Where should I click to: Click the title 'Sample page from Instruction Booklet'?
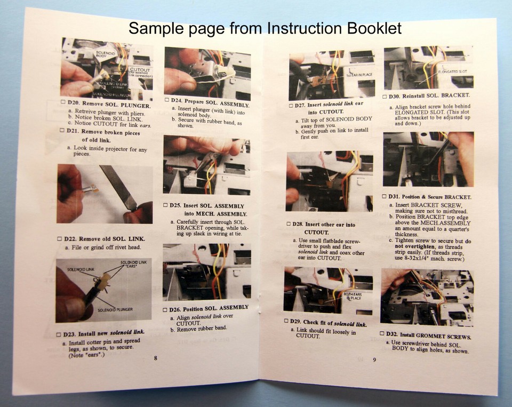point(265,28)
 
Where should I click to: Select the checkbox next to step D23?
point(58,334)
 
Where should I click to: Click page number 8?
point(156,358)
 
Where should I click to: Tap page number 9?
point(374,360)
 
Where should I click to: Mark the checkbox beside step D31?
point(384,197)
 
